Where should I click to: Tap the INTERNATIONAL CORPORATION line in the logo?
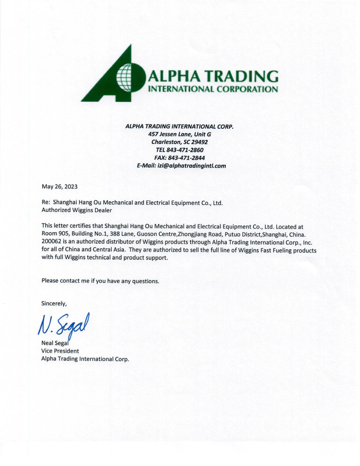click(214, 89)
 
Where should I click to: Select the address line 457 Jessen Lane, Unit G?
click(180, 134)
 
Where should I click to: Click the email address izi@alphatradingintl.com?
click(192, 165)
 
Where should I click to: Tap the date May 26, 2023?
click(60, 186)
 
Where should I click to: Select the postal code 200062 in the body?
click(52, 242)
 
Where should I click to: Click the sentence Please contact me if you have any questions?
click(100, 281)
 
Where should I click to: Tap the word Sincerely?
click(54, 303)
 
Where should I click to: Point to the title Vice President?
click(60, 351)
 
